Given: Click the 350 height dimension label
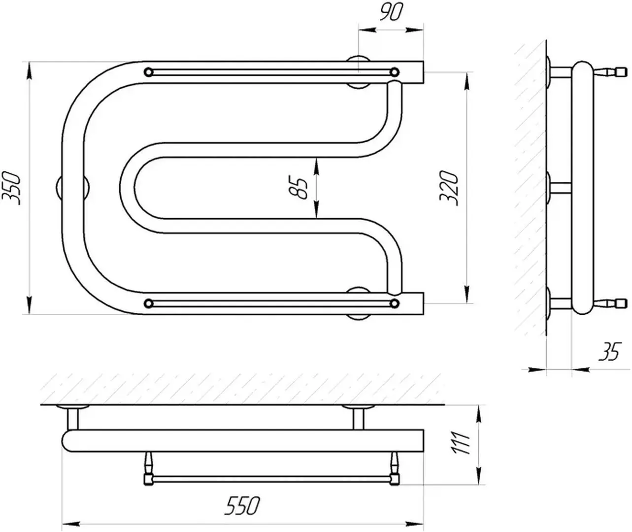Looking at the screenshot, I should pos(11,188).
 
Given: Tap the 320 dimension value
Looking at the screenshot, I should pos(449,188).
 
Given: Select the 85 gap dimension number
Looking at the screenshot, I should pos(299,188).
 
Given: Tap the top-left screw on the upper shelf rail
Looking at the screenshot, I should pos(148,72).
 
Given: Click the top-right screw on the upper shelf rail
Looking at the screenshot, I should pos(395,72).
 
